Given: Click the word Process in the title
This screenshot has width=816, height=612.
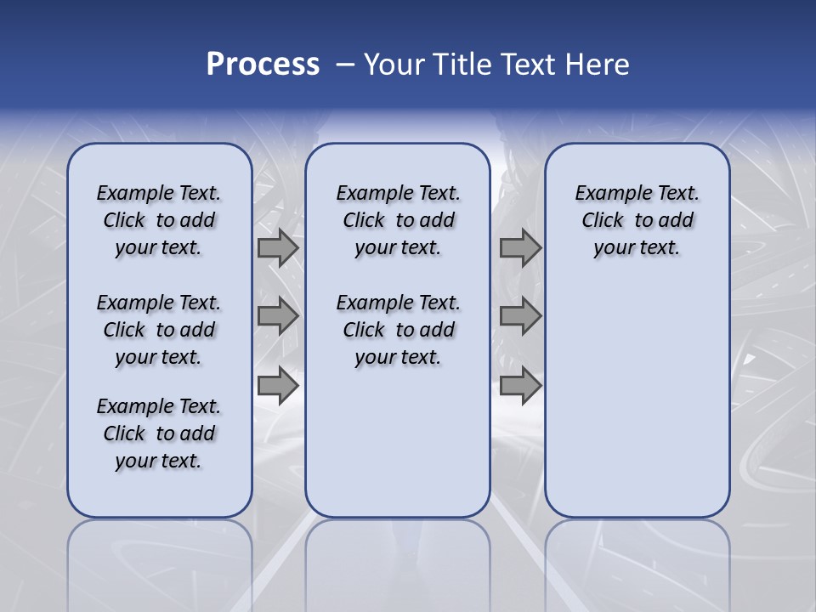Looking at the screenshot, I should (x=263, y=65).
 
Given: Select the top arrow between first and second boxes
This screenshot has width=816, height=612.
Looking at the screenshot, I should (x=278, y=248).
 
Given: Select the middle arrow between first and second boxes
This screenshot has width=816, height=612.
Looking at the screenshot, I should (x=278, y=317).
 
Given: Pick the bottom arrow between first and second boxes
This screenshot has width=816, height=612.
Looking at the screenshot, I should (x=278, y=386).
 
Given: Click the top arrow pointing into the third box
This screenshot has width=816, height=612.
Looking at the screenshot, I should (x=520, y=248).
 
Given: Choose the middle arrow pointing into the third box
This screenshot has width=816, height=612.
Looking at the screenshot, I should (x=520, y=317).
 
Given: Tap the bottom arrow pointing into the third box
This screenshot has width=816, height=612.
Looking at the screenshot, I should (x=520, y=386).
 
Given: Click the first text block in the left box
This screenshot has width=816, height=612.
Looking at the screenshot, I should (x=159, y=220).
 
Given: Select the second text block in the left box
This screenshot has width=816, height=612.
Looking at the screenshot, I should (x=159, y=330).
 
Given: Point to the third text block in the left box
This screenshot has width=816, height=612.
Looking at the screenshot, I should (x=159, y=433).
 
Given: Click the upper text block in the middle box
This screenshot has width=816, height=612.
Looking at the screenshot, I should (x=398, y=220).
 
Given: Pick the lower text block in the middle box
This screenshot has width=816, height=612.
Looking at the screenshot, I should (x=398, y=330).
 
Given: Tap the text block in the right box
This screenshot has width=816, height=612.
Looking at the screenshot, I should (x=637, y=220).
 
